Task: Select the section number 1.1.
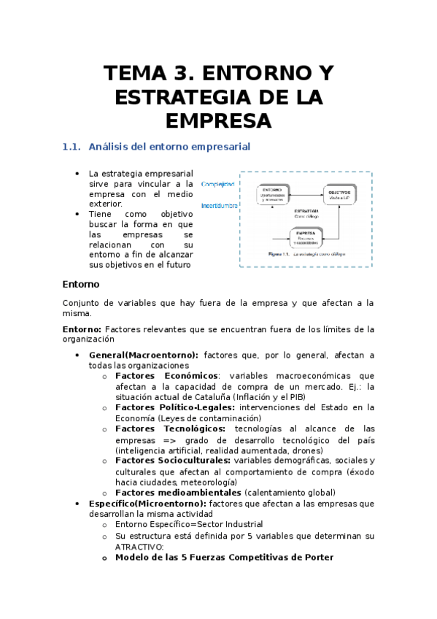click(x=71, y=147)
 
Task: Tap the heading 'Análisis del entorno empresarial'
click(x=169, y=147)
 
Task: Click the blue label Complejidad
click(x=217, y=184)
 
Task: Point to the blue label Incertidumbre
click(x=219, y=206)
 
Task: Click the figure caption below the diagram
click(x=306, y=255)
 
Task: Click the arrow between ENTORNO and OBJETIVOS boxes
click(x=306, y=193)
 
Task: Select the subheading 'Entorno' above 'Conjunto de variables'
click(x=80, y=284)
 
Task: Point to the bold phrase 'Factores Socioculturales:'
click(x=173, y=461)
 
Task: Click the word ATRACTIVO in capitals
click(x=139, y=546)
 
